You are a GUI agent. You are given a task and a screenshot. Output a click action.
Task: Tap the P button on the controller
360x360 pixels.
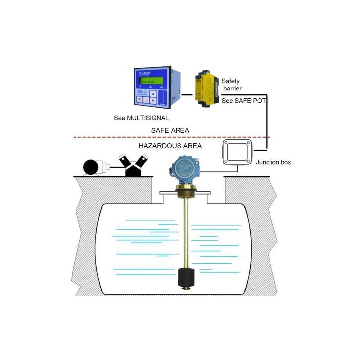tap(141, 100)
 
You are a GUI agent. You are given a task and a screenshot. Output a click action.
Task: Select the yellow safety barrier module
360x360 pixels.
tap(205, 88)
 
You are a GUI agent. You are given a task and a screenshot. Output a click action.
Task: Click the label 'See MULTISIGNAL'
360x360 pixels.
tap(141, 118)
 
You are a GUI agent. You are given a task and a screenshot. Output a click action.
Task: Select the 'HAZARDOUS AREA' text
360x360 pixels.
tap(170, 146)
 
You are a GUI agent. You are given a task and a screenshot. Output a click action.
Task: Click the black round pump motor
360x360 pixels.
tap(93, 167)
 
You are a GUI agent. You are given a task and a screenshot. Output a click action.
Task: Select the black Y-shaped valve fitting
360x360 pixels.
tap(134, 165)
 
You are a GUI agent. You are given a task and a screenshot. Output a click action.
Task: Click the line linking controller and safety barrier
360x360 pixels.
tap(187, 94)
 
